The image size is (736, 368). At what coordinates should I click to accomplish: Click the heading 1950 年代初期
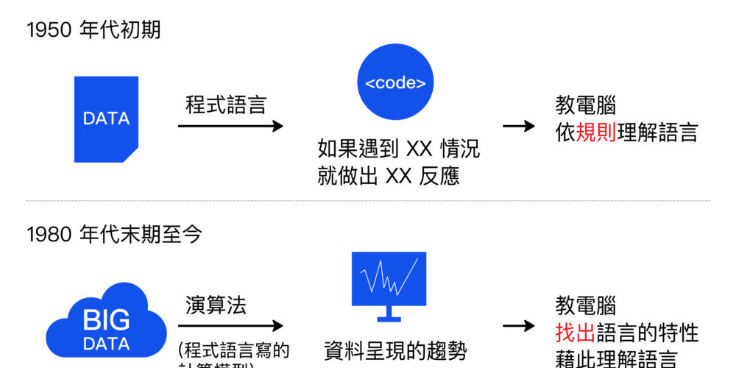(93, 30)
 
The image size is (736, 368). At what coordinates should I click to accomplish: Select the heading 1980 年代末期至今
(114, 235)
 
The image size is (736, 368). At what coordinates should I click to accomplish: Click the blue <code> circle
(395, 82)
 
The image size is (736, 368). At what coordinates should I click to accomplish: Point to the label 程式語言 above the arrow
(225, 105)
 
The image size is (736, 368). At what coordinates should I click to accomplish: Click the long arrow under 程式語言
(230, 126)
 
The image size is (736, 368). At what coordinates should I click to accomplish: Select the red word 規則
(596, 133)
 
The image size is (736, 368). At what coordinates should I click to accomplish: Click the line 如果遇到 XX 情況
(398, 149)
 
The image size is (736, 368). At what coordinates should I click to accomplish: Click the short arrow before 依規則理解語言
(519, 126)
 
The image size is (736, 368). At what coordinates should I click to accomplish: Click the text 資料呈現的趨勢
(395, 351)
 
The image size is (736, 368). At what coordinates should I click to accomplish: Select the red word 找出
(575, 333)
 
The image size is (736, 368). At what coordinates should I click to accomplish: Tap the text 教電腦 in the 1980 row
(585, 306)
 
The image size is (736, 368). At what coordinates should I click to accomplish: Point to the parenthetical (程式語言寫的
(234, 349)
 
